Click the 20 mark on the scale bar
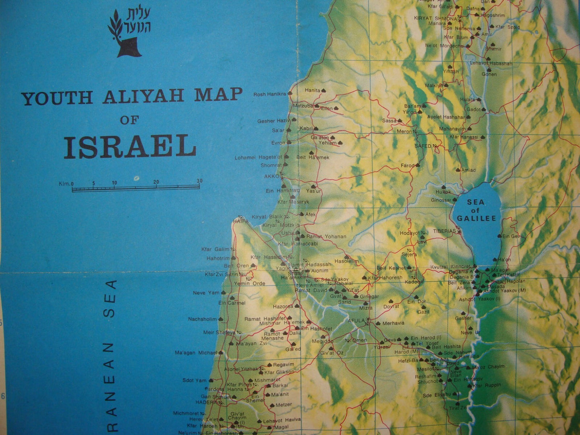point(156,182)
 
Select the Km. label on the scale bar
point(64,184)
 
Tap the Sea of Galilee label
point(476,210)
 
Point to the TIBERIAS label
point(444,231)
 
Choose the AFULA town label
point(356,321)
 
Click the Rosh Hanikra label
point(270,94)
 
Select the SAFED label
point(423,146)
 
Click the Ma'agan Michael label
point(196,353)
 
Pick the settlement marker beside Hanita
point(323,91)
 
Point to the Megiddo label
point(322,341)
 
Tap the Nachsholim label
point(202,319)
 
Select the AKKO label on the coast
point(271,176)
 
